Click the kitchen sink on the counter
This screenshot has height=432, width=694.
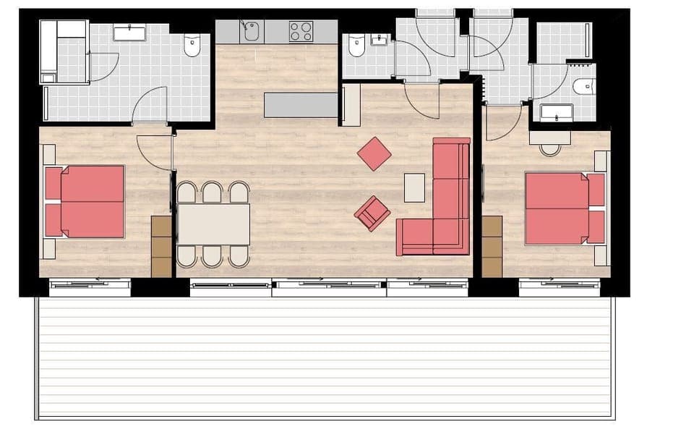tap(251, 31)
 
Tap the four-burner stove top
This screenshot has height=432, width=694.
tap(301, 31)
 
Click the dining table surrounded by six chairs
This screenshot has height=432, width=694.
tap(213, 224)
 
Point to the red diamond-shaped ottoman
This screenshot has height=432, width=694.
tap(374, 153)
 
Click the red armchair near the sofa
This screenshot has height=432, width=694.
tap(372, 213)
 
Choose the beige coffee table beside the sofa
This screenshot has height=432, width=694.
tap(414, 187)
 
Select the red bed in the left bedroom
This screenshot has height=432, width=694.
tap(85, 202)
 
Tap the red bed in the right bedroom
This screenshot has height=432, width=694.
tap(564, 208)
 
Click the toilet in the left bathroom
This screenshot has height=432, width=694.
tap(192, 46)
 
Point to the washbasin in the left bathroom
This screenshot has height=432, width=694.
tap(129, 33)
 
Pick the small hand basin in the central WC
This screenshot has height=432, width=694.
tap(380, 40)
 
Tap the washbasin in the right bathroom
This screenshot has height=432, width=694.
tap(557, 113)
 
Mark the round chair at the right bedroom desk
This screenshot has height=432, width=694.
tap(550, 148)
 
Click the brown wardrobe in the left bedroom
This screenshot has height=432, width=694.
tap(162, 246)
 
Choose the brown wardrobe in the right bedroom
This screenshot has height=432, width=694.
tap(492, 246)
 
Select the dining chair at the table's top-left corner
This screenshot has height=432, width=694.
tap(187, 192)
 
